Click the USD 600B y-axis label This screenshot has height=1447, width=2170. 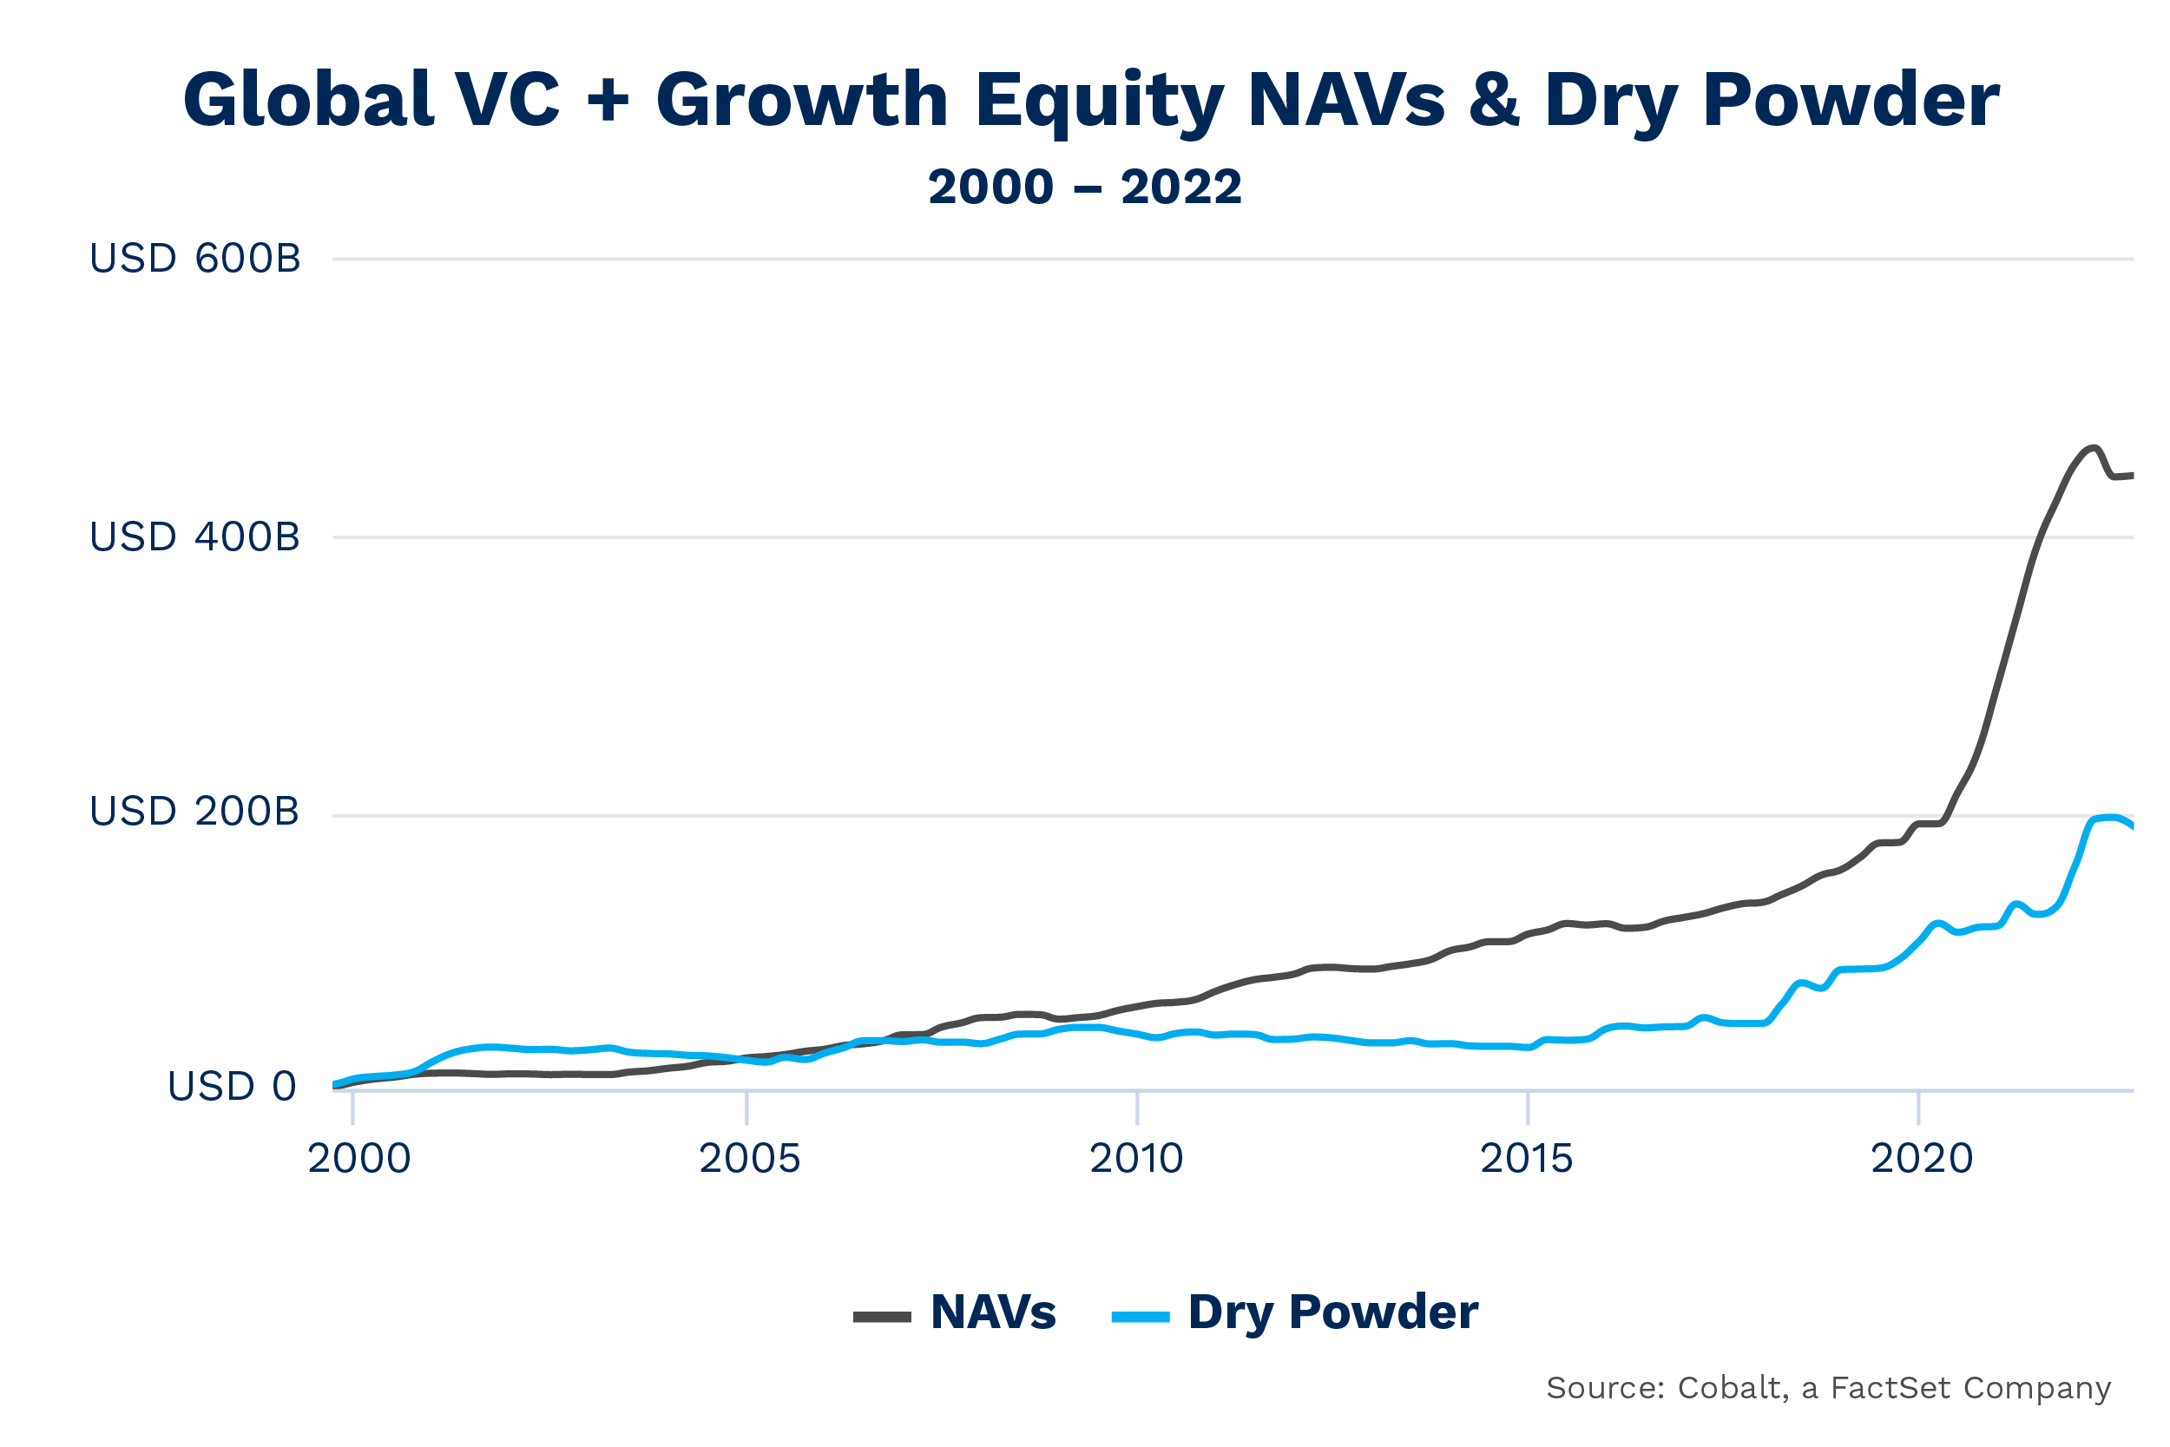point(194,259)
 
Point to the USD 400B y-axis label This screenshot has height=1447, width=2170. point(194,537)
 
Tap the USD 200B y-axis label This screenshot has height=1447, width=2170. point(194,811)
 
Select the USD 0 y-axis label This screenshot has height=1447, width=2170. point(232,1086)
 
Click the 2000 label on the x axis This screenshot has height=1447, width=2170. point(358,1159)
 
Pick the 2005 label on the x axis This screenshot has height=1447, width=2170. point(749,1159)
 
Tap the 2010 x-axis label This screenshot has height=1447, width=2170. point(1137,1159)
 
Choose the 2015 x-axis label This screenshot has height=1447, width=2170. point(1527,1159)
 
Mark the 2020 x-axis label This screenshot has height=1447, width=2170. point(1922,1159)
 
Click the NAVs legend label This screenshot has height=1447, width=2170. point(993,1312)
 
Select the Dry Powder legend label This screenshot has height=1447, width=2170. point(1333,1312)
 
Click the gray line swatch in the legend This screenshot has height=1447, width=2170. point(882,1317)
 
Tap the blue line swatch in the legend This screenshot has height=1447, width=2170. point(1141,1317)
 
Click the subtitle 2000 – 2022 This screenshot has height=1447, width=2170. point(1085,187)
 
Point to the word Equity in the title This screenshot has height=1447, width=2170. point(1099,102)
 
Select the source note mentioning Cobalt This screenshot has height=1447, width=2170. point(1829,1388)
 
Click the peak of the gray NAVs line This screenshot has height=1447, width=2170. point(2094,449)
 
